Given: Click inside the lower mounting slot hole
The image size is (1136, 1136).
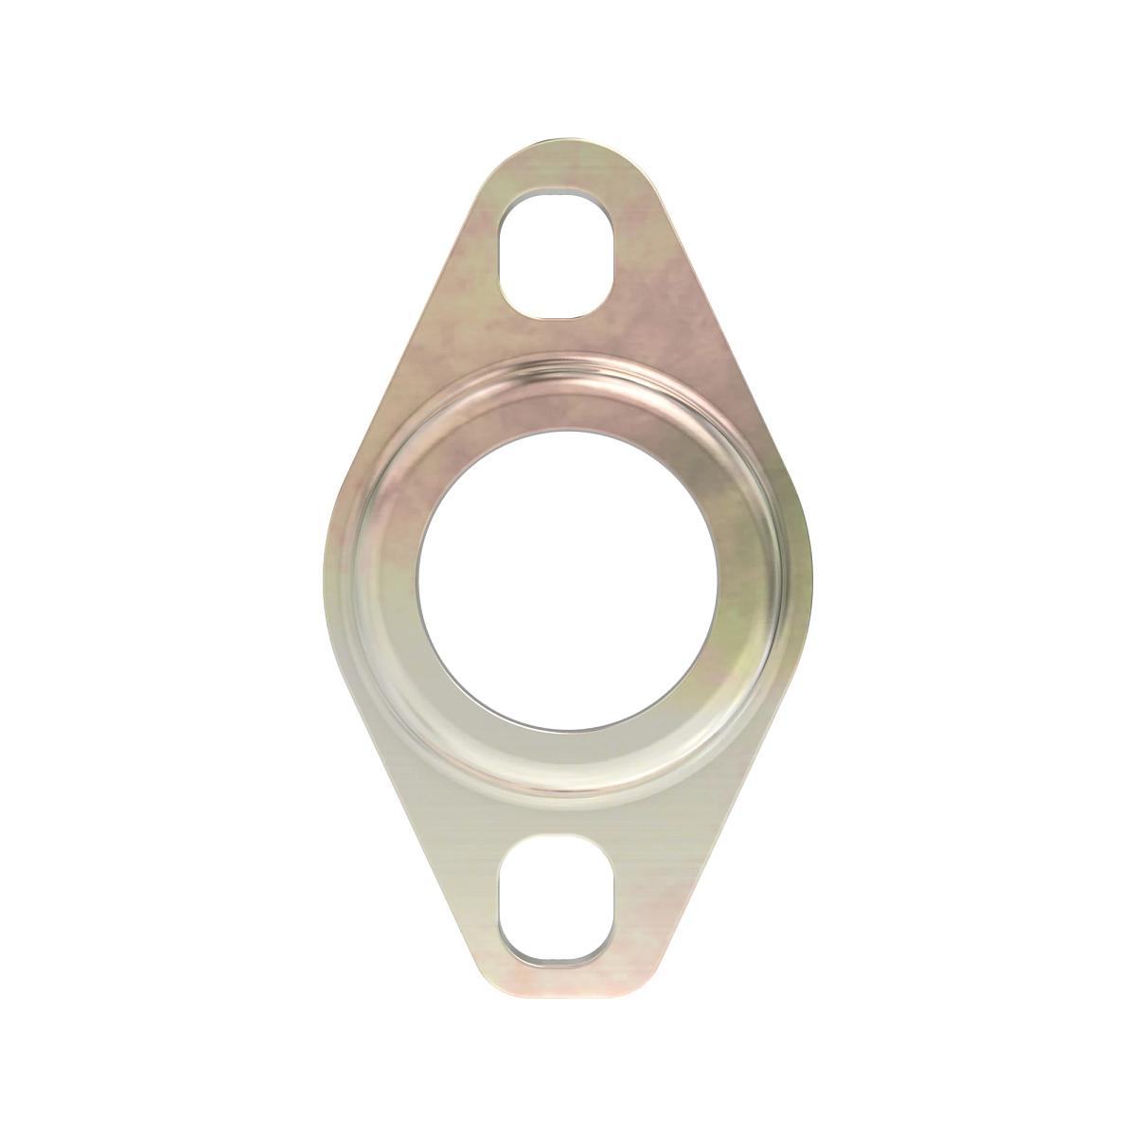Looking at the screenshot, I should click(558, 898).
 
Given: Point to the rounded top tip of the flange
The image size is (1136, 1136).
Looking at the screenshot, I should click(568, 145).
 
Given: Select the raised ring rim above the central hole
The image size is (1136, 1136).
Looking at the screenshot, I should click(568, 364).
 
